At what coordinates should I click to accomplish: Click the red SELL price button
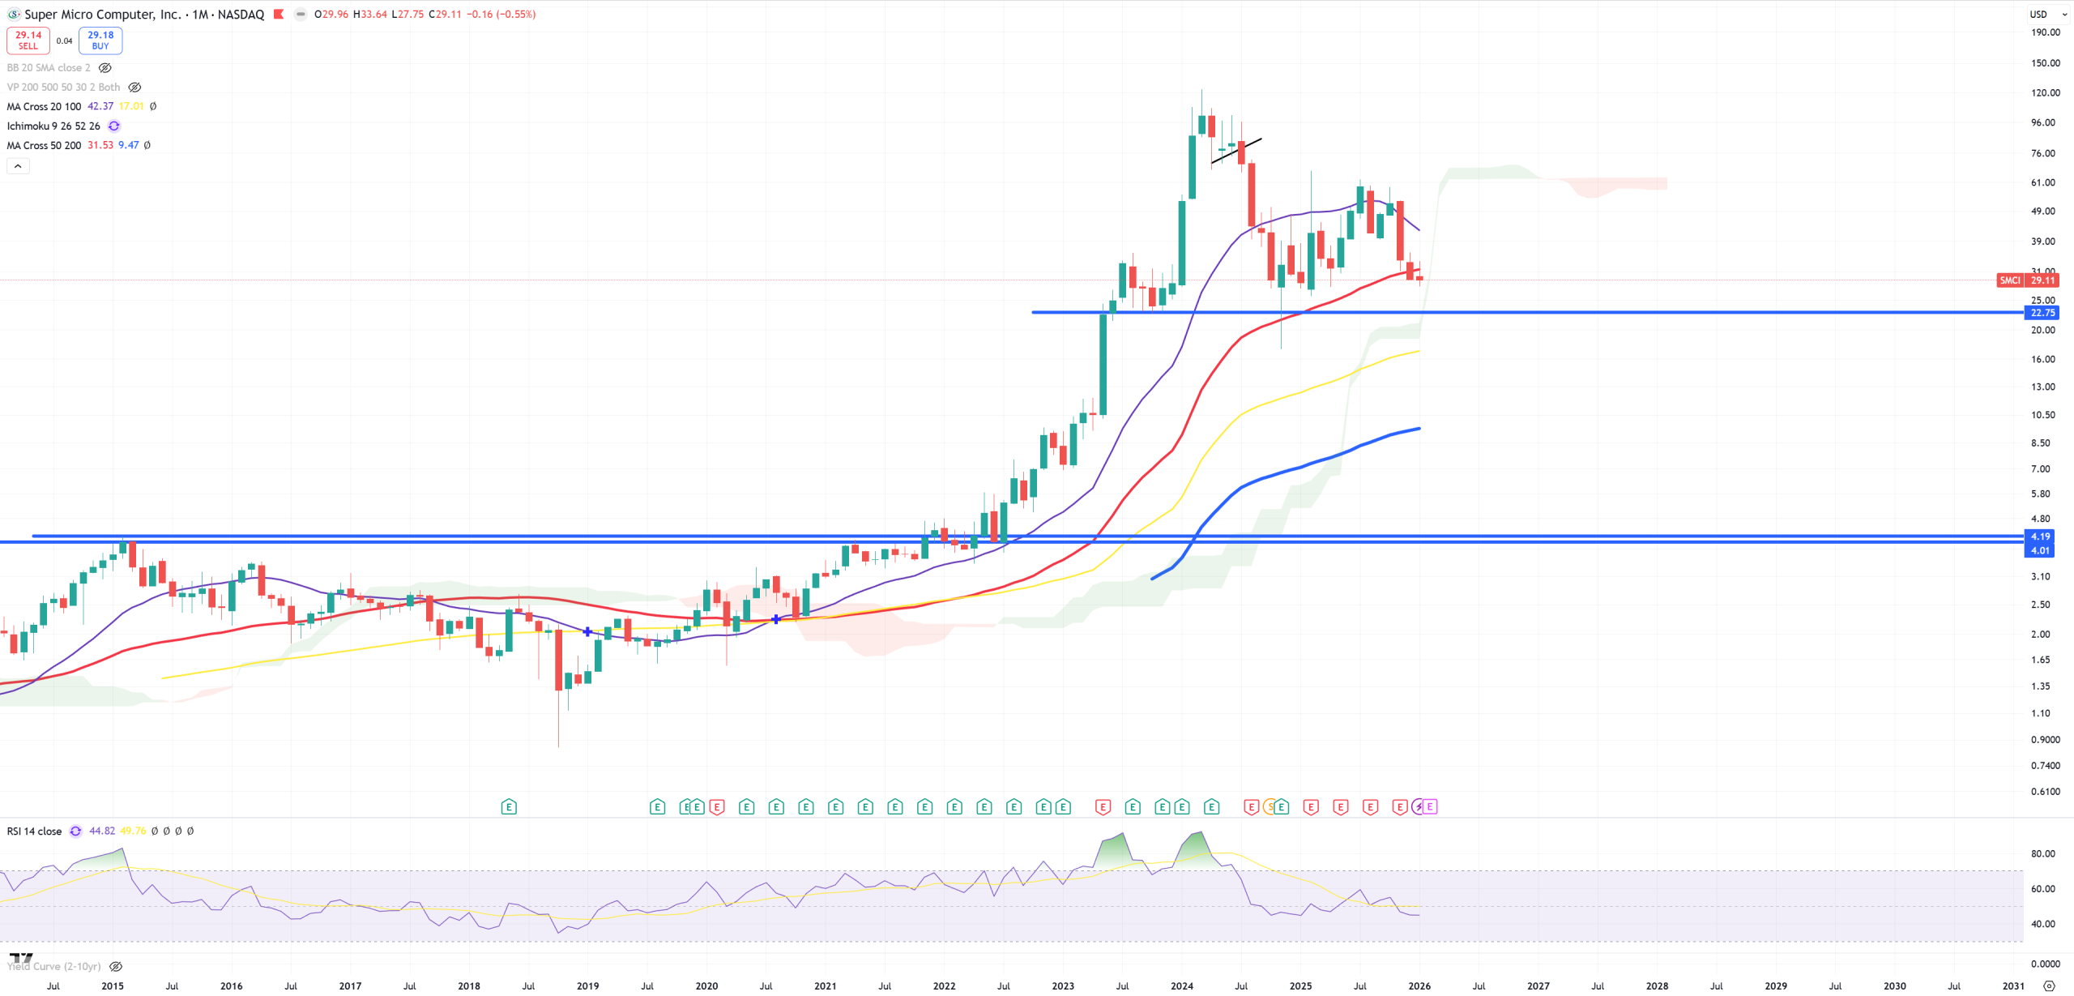coord(28,40)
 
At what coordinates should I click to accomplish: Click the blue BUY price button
coord(100,40)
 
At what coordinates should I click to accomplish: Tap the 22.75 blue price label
coord(2041,313)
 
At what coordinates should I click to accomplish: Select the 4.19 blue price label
coord(2041,536)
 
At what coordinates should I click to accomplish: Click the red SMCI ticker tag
coord(2009,280)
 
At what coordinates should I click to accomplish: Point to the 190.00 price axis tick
coord(2044,32)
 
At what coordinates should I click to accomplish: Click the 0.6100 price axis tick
coord(2044,792)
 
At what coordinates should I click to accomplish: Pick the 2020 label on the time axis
coord(706,986)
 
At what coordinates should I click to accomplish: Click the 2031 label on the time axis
coord(2013,986)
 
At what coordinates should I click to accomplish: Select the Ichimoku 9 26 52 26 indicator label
coord(53,126)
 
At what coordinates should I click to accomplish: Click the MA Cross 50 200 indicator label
coord(44,145)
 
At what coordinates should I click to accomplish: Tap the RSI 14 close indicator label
coord(34,831)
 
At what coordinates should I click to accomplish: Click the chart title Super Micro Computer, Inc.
coord(103,15)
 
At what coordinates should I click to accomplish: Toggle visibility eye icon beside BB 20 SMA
coord(105,68)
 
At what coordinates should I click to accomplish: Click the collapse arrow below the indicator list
coord(18,166)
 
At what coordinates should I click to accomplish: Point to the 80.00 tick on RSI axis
coord(2042,854)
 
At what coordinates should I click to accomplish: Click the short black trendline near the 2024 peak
coord(1236,152)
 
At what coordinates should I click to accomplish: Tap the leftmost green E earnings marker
coord(509,807)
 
